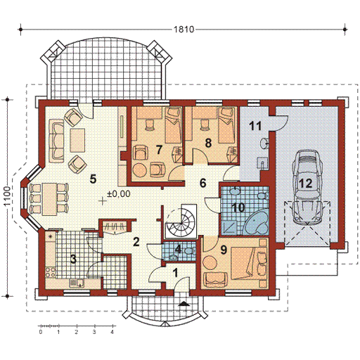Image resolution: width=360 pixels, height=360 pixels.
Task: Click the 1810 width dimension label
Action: tap(184, 30)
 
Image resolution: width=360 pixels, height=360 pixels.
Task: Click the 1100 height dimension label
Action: tap(7, 196)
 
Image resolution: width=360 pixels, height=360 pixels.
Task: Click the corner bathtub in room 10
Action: tap(256, 223)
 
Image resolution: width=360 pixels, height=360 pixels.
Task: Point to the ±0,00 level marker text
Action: tap(119, 194)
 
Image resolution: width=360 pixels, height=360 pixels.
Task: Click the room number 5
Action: tap(93, 179)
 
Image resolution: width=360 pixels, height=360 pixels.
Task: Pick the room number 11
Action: tap(255, 126)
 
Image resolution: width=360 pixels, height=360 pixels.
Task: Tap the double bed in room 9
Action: tap(249, 264)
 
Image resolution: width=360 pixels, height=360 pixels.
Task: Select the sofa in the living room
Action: tap(56, 141)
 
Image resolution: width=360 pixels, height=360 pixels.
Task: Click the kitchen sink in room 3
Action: tap(77, 283)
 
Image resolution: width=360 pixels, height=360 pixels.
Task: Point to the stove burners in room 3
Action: tap(51, 272)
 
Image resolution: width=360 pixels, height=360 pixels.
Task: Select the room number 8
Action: tap(208, 143)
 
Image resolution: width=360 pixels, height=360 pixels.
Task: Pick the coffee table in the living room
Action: tap(77, 140)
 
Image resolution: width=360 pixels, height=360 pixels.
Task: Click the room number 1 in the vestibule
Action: tap(175, 273)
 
